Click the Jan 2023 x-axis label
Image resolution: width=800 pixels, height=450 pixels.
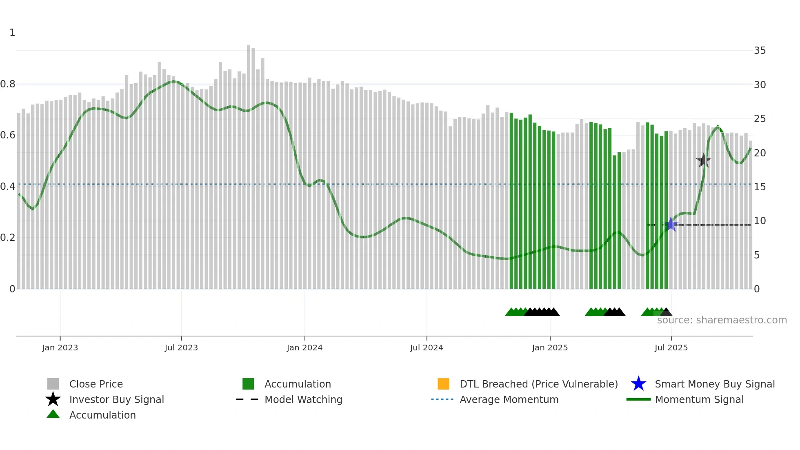tap(60, 348)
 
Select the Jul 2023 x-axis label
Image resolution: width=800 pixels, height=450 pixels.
tap(181, 348)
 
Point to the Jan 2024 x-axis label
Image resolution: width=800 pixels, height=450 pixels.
tap(304, 348)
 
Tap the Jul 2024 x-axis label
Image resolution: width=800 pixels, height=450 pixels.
tap(427, 348)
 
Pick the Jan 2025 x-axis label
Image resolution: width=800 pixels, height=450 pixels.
tap(550, 348)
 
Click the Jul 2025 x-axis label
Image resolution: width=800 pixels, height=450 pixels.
tap(671, 348)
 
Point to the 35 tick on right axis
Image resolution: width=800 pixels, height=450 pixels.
tap(760, 51)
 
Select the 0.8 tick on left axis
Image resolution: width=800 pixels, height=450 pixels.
tap(8, 84)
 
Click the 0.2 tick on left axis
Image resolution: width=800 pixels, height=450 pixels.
tap(8, 237)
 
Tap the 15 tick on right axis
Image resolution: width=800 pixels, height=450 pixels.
tap(760, 187)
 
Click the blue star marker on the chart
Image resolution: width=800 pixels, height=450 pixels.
tap(671, 224)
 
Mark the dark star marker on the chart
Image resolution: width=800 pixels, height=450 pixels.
tap(704, 160)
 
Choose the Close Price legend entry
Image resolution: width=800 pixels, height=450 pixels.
tap(96, 384)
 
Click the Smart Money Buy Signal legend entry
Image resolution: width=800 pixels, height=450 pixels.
tap(714, 384)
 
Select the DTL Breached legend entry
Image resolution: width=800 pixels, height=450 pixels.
tap(538, 384)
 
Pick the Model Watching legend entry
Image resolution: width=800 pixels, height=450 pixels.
tap(303, 399)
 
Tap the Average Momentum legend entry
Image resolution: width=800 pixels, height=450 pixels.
tap(509, 399)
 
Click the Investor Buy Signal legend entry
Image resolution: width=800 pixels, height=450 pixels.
tap(116, 399)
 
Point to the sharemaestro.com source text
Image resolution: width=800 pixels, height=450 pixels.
tap(722, 320)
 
